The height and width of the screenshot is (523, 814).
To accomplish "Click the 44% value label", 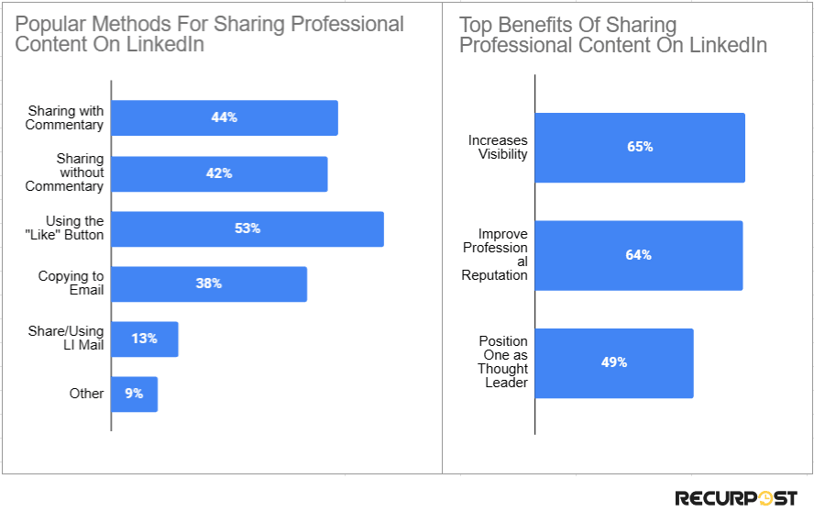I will pyautogui.click(x=224, y=117).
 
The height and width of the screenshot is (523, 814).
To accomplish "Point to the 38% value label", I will pyautogui.click(x=208, y=284).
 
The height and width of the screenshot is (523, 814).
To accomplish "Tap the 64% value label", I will pyautogui.click(x=639, y=255).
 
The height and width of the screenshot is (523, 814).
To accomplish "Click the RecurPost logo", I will pyautogui.click(x=736, y=498).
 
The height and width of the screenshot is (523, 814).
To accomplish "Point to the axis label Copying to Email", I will pyautogui.click(x=71, y=284).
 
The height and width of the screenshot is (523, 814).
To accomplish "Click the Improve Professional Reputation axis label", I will pyautogui.click(x=495, y=255).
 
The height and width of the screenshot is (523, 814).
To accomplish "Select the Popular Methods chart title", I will pyautogui.click(x=209, y=34).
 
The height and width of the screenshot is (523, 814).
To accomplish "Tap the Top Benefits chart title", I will pyautogui.click(x=612, y=34).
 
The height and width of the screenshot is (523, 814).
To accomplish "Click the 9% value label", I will pyautogui.click(x=134, y=394).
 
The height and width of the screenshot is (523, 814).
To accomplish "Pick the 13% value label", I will pyautogui.click(x=144, y=339).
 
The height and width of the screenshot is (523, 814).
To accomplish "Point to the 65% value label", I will pyautogui.click(x=640, y=147).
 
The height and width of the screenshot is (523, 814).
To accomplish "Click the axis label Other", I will pyautogui.click(x=87, y=394).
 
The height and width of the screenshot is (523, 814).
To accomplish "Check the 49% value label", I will pyautogui.click(x=614, y=362).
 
